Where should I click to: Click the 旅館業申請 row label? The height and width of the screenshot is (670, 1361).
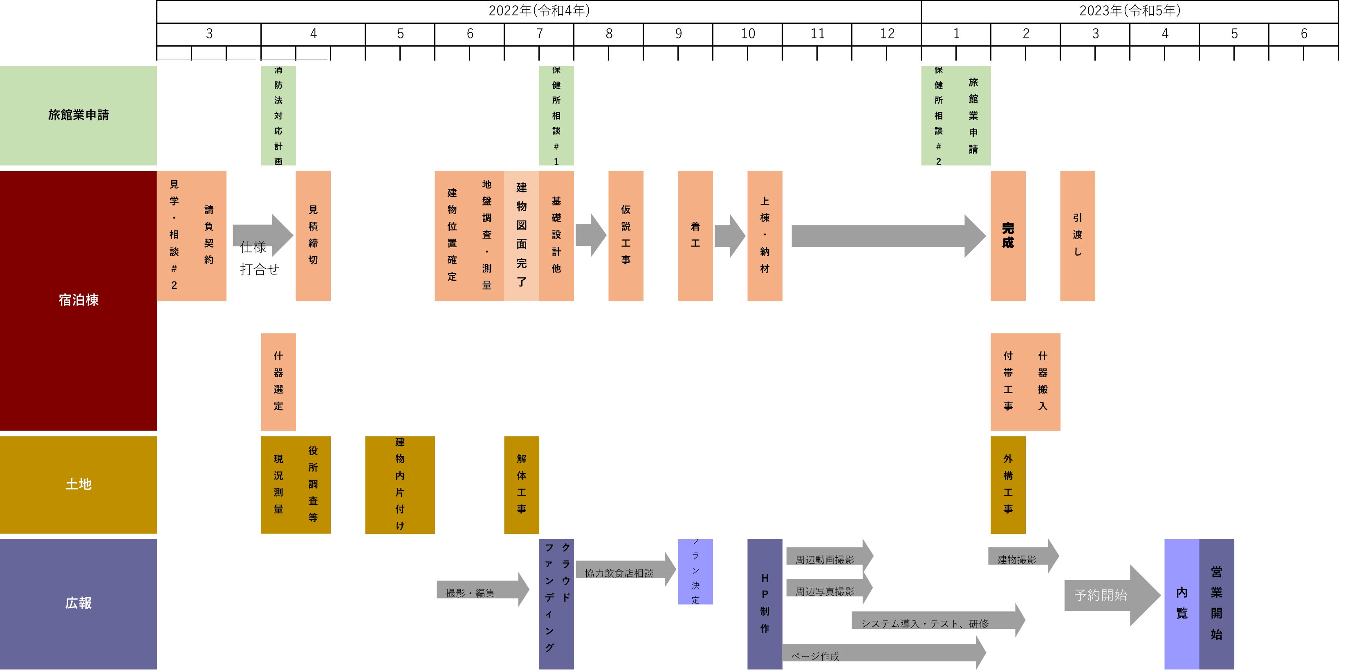[x=78, y=115]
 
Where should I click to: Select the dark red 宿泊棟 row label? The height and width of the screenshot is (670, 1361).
[x=78, y=300]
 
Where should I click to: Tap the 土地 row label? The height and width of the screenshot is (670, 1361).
[x=78, y=484]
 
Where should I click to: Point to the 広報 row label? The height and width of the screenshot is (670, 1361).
[x=78, y=603]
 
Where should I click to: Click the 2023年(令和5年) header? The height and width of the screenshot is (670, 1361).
[x=1129, y=11]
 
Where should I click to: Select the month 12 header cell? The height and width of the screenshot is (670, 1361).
[x=887, y=34]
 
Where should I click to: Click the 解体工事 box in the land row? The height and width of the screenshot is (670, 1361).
[x=522, y=484]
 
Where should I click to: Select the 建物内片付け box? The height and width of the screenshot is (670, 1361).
[x=399, y=484]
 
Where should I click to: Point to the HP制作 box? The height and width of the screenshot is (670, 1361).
[x=765, y=603]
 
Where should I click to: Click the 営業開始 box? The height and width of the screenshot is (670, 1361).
[x=1216, y=603]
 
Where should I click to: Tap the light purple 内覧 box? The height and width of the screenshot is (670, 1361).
[x=1182, y=603]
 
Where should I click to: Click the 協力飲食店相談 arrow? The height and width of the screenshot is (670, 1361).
[x=623, y=571]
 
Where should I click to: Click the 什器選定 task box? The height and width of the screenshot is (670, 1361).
[x=278, y=381]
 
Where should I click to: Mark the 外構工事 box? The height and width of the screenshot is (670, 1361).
[x=1007, y=484]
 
